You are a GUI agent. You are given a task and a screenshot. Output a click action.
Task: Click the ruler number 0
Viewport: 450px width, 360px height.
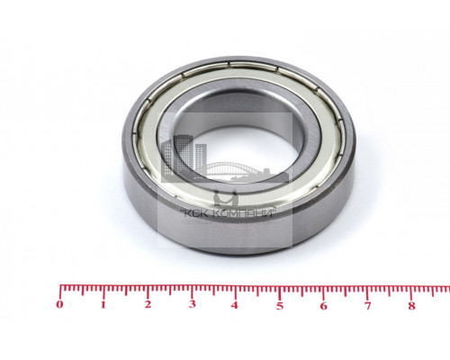pos(60,304)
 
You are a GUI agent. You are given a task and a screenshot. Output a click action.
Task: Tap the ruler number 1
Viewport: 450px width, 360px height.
pos(103,305)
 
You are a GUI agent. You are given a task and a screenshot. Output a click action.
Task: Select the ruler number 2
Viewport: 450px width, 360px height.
pos(148,304)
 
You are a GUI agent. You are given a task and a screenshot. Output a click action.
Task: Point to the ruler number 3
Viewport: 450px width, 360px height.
pos(193,304)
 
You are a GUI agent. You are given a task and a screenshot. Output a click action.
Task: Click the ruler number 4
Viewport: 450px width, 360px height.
pos(235,305)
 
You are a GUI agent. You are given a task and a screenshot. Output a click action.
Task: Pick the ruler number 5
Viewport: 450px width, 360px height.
pos(280,306)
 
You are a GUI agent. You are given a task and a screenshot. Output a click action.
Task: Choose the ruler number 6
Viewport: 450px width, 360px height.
pos(323,306)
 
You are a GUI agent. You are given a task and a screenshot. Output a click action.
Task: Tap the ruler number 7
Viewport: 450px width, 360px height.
pos(367,306)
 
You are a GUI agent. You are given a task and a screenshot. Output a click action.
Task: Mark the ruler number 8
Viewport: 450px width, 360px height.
pos(412,306)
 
